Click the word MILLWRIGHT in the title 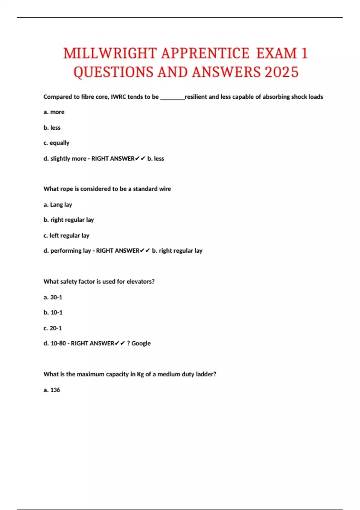coord(110,54)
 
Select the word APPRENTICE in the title coord(205,54)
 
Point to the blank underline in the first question coord(172,97)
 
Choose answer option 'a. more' coord(54,112)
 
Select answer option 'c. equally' coord(56,143)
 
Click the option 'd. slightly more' coord(65,159)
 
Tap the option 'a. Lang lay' coord(58,205)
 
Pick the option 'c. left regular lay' coord(66,236)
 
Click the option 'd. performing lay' coord(67,251)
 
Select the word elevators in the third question coord(140,282)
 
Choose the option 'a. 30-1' coord(53,297)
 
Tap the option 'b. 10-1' coord(53,313)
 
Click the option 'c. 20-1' coord(53,328)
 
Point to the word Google coord(141,343)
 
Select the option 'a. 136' coord(52,390)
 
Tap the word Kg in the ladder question coord(140,374)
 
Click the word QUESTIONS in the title coord(113,72)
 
